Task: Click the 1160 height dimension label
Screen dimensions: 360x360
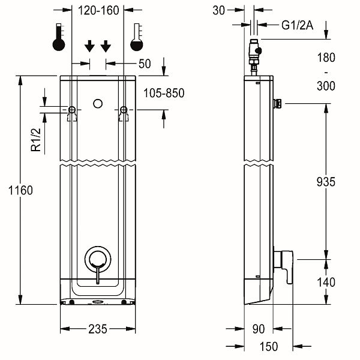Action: tap(20, 190)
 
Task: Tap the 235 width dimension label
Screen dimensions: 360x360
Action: tap(98, 329)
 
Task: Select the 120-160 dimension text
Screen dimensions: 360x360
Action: tap(99, 10)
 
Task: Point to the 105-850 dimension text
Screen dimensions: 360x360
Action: tap(164, 93)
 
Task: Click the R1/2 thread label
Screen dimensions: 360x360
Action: tap(37, 140)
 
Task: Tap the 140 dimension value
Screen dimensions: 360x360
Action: tap(325, 282)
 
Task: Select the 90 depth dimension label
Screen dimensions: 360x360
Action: tap(259, 329)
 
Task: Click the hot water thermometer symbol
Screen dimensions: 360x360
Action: tap(59, 38)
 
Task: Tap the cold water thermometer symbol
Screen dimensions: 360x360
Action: tap(137, 38)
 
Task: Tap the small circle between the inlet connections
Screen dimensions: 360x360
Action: tap(98, 104)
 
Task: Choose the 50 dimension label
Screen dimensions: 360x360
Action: tap(145, 63)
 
